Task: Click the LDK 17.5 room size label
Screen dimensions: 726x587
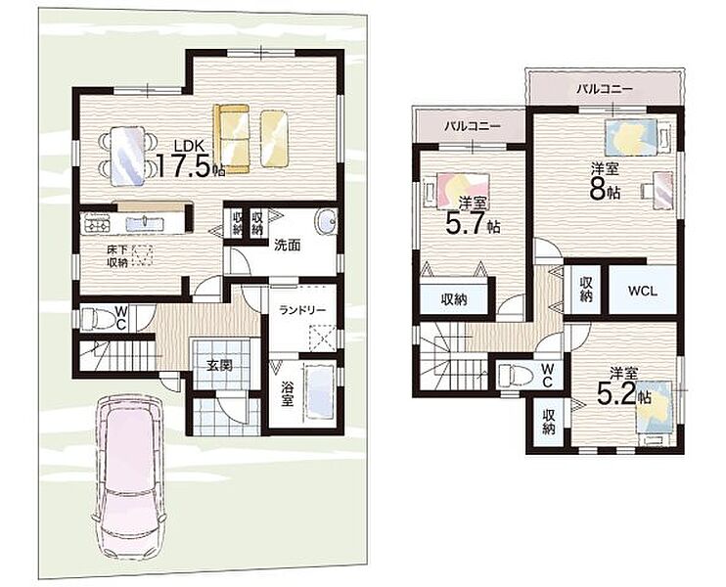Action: point(191,159)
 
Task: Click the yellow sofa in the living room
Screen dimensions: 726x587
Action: point(232,138)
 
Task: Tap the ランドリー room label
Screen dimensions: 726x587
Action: point(302,310)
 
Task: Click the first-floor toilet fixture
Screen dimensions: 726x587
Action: point(98,319)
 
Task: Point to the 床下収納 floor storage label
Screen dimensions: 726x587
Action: point(117,256)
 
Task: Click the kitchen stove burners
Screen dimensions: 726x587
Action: point(96,225)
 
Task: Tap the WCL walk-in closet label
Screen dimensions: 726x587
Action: point(642,291)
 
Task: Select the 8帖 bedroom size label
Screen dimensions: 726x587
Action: point(605,184)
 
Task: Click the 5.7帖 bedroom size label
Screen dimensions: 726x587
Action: point(473,217)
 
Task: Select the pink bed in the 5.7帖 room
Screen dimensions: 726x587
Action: point(457,190)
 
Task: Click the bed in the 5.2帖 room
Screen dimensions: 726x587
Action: point(655,412)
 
